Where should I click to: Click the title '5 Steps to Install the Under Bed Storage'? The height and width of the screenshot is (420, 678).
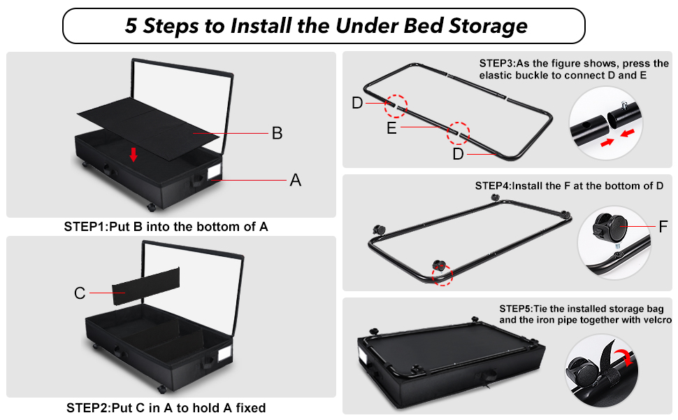pyautogui.click(x=325, y=27)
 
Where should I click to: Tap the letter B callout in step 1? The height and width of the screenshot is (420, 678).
pyautogui.click(x=277, y=133)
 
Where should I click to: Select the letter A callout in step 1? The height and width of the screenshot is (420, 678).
pyautogui.click(x=295, y=181)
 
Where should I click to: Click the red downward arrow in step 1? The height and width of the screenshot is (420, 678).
pyautogui.click(x=133, y=154)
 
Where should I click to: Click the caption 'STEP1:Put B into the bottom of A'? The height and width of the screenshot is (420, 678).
pyautogui.click(x=166, y=227)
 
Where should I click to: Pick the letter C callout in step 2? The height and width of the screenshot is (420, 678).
pyautogui.click(x=80, y=293)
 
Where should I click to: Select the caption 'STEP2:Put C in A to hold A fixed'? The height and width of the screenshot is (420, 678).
pyautogui.click(x=166, y=407)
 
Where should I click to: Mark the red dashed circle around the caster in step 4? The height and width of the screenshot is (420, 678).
pyautogui.click(x=440, y=269)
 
